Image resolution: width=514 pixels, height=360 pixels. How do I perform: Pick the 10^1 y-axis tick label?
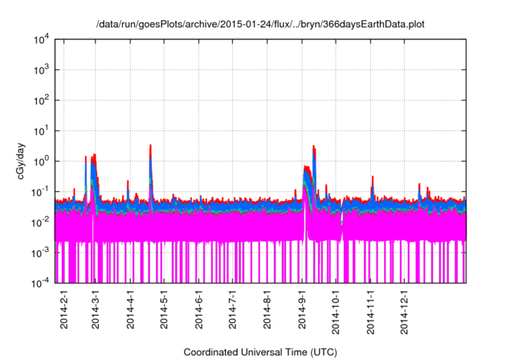[x=41, y=130]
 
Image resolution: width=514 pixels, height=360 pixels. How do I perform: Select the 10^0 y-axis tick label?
[x=41, y=161]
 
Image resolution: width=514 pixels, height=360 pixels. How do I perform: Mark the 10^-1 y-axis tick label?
[x=41, y=191]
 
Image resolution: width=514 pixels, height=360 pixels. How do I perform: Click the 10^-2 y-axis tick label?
[x=41, y=222]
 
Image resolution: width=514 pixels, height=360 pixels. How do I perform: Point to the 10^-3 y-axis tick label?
[x=41, y=252]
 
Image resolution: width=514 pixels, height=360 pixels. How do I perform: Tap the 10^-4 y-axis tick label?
[x=41, y=282]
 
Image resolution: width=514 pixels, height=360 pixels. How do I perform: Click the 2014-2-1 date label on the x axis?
[x=64, y=309]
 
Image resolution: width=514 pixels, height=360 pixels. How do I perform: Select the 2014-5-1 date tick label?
[x=165, y=309]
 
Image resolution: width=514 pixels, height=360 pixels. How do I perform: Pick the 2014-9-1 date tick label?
[x=302, y=309]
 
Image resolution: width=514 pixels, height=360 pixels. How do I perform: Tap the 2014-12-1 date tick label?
[x=405, y=309]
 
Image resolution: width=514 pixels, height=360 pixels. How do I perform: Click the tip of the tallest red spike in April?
[x=150, y=145]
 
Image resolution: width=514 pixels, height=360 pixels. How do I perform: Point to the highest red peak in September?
[x=313, y=146]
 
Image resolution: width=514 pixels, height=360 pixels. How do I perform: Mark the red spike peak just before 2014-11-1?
[x=372, y=177]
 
